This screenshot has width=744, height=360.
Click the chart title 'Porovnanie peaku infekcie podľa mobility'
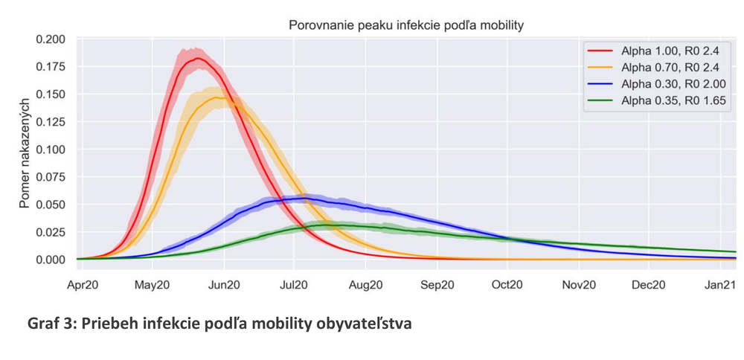[405, 25]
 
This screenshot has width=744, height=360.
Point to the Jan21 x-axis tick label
[719, 284]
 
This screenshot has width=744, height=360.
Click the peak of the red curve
[197, 58]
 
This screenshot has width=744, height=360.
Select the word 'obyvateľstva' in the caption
[362, 324]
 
